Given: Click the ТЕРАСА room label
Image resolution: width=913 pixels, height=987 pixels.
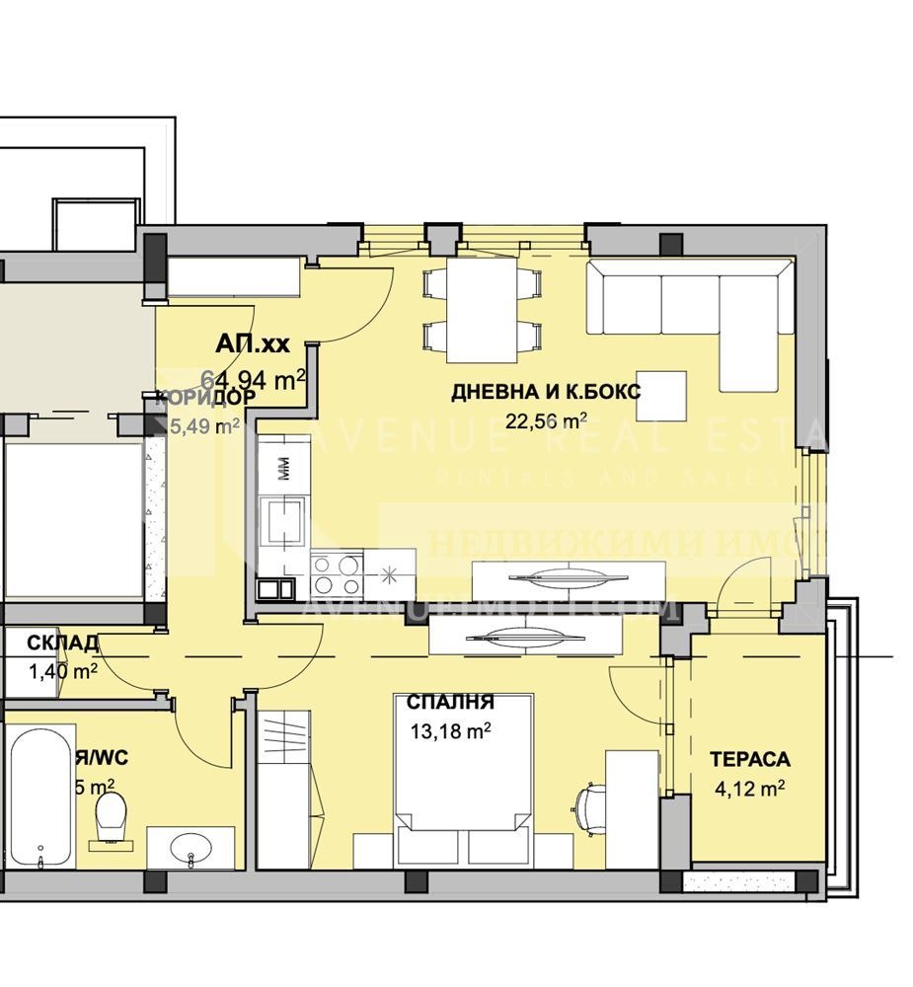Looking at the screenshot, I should [x=750, y=759].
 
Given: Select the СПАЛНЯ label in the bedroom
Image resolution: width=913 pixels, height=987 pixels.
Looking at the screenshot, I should [x=450, y=703].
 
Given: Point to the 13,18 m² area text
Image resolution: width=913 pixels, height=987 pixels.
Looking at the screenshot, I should [x=450, y=731].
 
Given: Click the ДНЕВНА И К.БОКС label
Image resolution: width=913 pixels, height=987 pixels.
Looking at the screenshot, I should [x=546, y=392].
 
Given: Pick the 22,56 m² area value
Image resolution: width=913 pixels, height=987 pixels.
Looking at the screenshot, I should [x=546, y=421].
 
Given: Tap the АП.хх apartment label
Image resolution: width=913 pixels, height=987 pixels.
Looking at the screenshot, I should [x=253, y=344].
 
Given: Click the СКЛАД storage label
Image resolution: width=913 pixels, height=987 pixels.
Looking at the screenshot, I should [x=61, y=644].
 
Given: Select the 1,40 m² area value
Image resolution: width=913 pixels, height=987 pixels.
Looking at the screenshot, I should [x=63, y=671].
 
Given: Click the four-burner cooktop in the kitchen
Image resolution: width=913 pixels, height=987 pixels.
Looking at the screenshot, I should [x=337, y=571].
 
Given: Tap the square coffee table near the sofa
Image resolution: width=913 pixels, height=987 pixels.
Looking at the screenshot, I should [x=661, y=394].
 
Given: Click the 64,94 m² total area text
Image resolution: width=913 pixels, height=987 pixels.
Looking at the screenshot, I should [x=253, y=377].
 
